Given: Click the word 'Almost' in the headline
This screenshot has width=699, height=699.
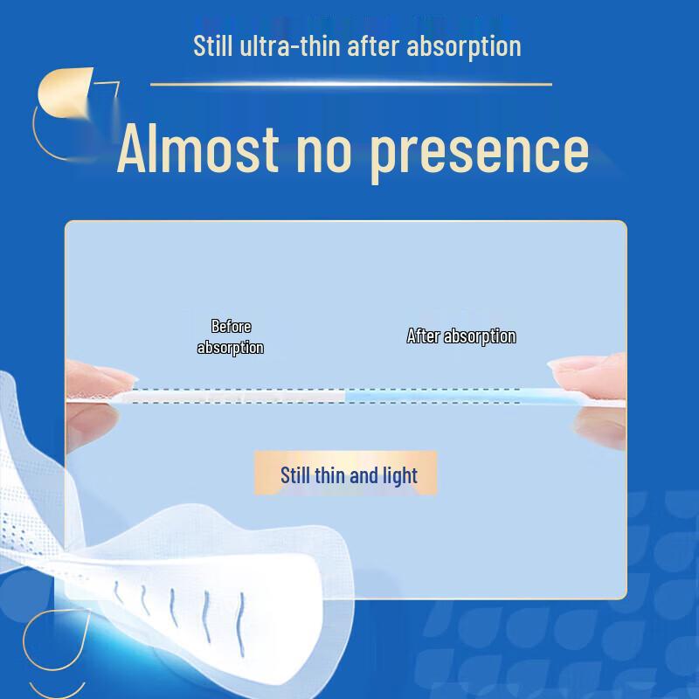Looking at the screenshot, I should (197, 149).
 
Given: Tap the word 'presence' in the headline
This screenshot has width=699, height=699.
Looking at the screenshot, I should (479, 150).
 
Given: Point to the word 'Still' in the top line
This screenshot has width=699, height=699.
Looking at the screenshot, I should (213, 45).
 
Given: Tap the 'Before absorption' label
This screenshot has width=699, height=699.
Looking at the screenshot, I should (231, 336).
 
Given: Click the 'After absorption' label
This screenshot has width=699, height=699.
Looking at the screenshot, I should (461, 336).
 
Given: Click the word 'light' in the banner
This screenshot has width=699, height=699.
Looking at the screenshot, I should (398, 476).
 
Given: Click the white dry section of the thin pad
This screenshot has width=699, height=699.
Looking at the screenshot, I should (236, 397).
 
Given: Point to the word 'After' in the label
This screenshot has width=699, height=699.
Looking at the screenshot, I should (424, 336).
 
